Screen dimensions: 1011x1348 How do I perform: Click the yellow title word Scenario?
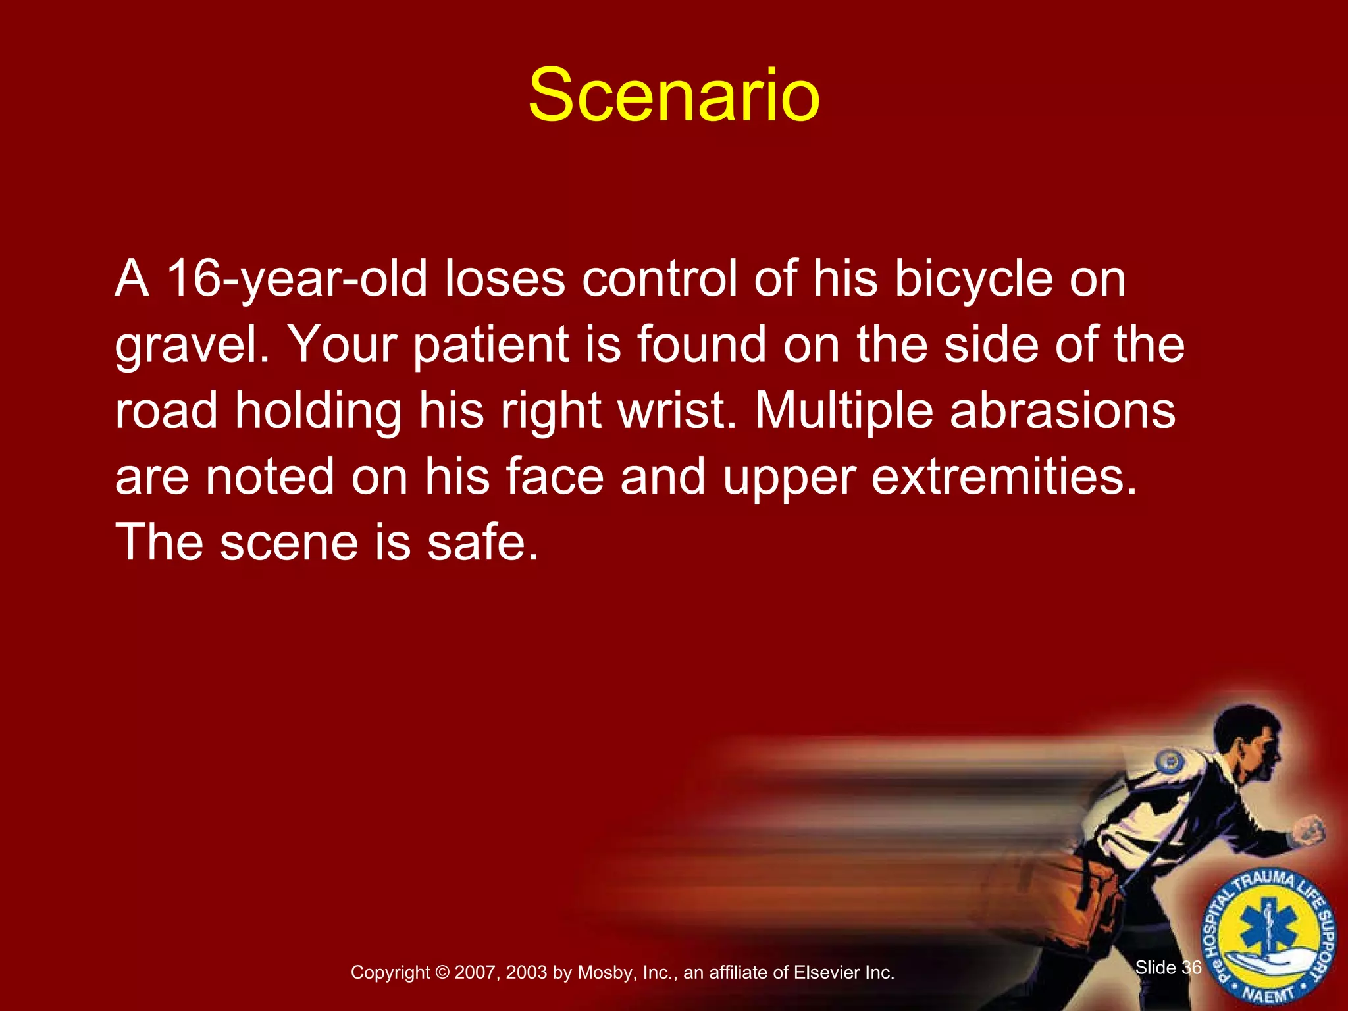pos(674,96)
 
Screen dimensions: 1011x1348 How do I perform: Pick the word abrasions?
pos(1062,411)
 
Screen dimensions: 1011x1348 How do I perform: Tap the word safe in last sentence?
pos(482,542)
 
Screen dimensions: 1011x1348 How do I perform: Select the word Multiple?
pos(844,411)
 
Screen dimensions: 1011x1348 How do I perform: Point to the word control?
pos(660,279)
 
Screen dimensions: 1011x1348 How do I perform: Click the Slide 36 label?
pos(1168,968)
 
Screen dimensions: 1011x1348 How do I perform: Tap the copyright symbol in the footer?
pos(442,973)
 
